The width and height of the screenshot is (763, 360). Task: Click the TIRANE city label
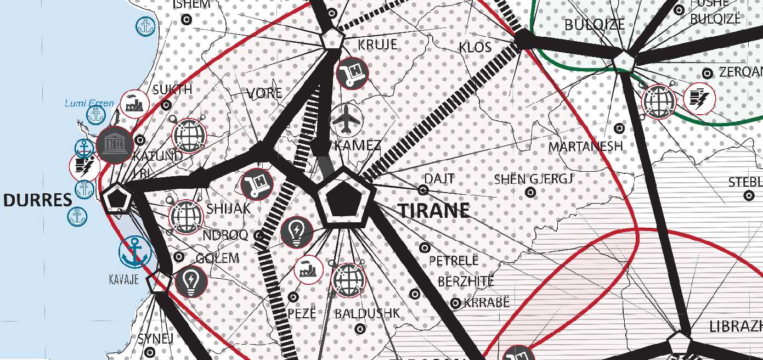pyautogui.click(x=434, y=210)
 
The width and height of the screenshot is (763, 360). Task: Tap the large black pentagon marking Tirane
pyautogui.click(x=345, y=197)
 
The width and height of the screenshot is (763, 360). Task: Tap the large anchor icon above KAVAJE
pyautogui.click(x=135, y=252)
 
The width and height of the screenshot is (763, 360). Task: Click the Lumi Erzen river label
pyautogui.click(x=89, y=103)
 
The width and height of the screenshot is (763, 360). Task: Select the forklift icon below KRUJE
pyautogui.click(x=352, y=73)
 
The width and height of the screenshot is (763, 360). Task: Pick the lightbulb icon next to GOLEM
pyautogui.click(x=191, y=280)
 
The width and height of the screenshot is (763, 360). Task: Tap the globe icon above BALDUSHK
pyautogui.click(x=348, y=279)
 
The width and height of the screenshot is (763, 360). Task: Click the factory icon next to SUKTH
pyautogui.click(x=135, y=104)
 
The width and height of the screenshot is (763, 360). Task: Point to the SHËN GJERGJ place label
pyautogui.click(x=533, y=179)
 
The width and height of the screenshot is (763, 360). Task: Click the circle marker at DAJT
pyautogui.click(x=423, y=190)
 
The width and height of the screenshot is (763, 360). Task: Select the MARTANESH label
pyautogui.click(x=585, y=147)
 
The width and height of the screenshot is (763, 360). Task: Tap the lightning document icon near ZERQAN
pyautogui.click(x=700, y=99)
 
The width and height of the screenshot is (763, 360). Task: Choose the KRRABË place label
pyautogui.click(x=487, y=303)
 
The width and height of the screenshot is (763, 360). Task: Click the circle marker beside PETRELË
pyautogui.click(x=424, y=248)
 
